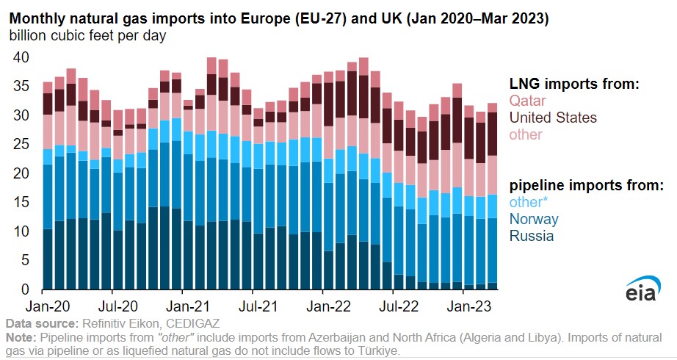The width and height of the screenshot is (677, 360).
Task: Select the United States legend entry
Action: (553, 118)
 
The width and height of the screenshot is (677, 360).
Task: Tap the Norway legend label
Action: (534, 219)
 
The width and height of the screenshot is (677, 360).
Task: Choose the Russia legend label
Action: (532, 236)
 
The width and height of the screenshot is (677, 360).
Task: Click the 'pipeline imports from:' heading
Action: (586, 185)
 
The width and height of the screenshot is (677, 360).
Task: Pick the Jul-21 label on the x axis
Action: (253, 303)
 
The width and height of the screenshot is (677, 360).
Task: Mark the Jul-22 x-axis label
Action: (394, 303)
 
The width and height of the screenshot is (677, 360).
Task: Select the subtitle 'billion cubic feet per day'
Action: (87, 35)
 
